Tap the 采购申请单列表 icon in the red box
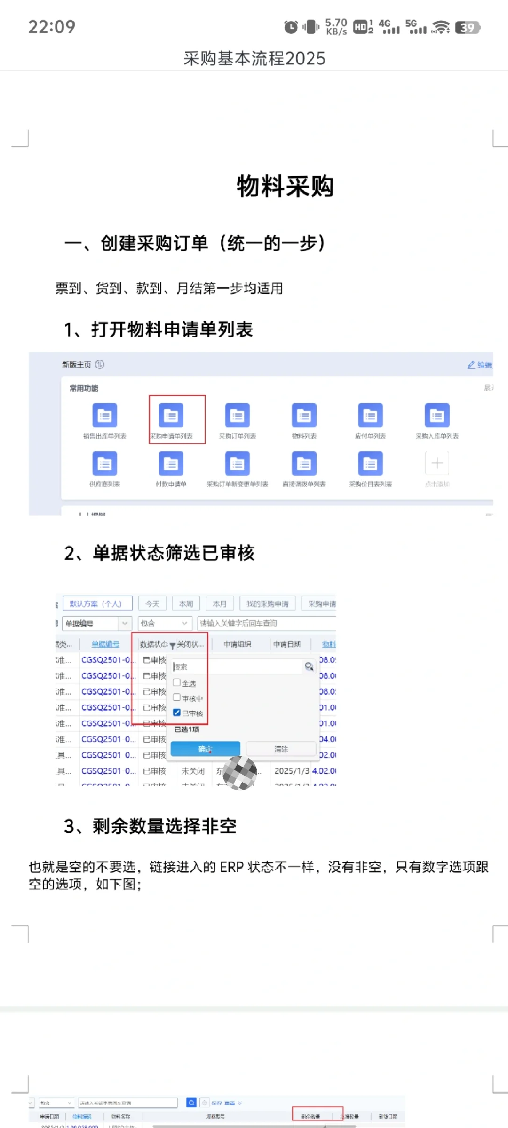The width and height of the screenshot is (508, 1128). (171, 415)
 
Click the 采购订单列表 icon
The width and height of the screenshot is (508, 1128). (237, 415)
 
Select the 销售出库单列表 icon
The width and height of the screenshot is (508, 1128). (104, 415)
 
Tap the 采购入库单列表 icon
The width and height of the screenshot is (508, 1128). (437, 415)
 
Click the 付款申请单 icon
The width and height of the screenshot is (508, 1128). (171, 464)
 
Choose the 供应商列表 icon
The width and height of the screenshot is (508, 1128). (104, 464)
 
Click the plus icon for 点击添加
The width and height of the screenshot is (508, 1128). (437, 463)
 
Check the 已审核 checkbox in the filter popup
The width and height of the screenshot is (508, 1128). (177, 713)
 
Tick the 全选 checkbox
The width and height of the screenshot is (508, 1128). (177, 682)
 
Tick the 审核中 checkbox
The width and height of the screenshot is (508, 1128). (177, 697)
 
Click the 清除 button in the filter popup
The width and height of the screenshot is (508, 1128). (281, 749)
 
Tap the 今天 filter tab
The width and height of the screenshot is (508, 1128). (152, 603)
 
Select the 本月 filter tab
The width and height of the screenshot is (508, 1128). (219, 603)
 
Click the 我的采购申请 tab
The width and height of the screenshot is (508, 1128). (267, 603)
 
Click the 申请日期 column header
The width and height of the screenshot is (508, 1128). (286, 644)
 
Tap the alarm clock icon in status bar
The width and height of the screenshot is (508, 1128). (291, 27)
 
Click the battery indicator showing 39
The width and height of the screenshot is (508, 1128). (468, 28)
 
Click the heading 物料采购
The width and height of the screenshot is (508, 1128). (285, 187)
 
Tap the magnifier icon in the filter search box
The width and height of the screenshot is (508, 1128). (309, 666)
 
